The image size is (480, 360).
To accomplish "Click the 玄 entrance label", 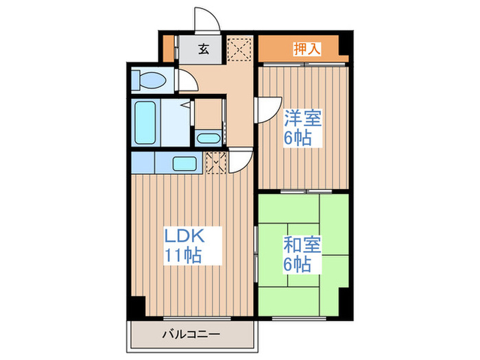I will [x=204, y=49].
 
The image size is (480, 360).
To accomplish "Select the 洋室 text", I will [x=299, y=118].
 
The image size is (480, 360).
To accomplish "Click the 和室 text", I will [x=299, y=245].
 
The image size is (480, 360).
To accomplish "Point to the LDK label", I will [x=183, y=237].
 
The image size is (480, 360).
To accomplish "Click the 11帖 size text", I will [x=182, y=256].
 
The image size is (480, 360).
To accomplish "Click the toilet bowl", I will [x=151, y=81].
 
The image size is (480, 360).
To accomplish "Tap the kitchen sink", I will [x=184, y=163].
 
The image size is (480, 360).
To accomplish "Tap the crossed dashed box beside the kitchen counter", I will [x=216, y=163].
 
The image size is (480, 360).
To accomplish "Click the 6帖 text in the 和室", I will [x=299, y=265].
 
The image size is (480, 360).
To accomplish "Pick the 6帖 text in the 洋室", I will [x=299, y=137].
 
